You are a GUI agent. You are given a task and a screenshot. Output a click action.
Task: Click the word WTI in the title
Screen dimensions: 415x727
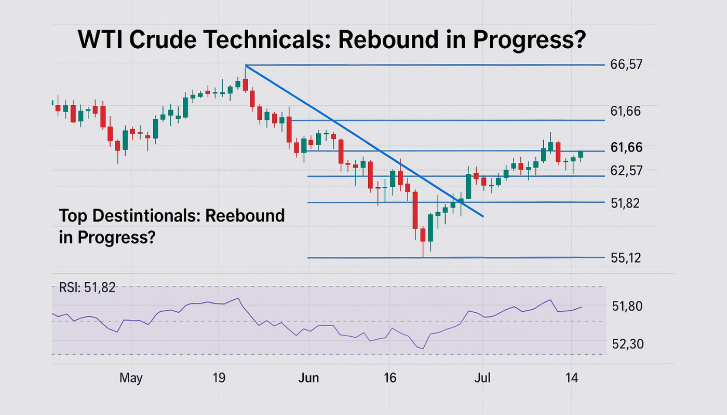(100, 40)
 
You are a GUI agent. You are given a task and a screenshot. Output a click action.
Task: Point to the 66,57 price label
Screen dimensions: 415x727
(627, 65)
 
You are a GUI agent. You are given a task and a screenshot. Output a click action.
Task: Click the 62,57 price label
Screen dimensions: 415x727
(627, 171)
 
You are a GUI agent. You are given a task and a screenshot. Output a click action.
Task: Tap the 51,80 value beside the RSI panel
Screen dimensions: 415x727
(627, 307)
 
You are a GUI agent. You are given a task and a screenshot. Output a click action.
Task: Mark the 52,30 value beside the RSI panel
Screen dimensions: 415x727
(627, 344)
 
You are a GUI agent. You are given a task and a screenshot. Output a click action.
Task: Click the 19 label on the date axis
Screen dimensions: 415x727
(219, 378)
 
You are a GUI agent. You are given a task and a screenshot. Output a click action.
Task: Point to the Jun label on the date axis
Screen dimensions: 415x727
(308, 378)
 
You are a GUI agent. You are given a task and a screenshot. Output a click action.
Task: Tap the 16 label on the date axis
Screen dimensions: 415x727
(390, 378)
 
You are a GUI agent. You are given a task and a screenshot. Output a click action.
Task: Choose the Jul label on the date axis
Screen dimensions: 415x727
(483, 378)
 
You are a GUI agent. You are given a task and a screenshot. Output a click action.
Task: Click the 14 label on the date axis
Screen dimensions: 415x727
(572, 378)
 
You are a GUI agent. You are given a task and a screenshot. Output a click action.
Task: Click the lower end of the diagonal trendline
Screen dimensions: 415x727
(483, 216)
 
